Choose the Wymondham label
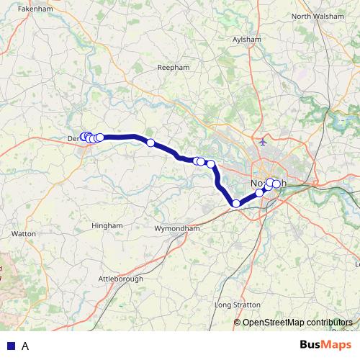(176, 228)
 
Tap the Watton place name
(24, 234)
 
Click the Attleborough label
(120, 278)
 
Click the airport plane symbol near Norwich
(264, 142)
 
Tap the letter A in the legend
(25, 346)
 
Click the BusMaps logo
(325, 345)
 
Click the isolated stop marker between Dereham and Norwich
(150, 143)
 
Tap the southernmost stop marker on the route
(235, 204)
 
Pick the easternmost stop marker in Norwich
(276, 184)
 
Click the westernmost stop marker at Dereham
(84, 136)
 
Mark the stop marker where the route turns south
(211, 164)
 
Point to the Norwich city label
(269, 184)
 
